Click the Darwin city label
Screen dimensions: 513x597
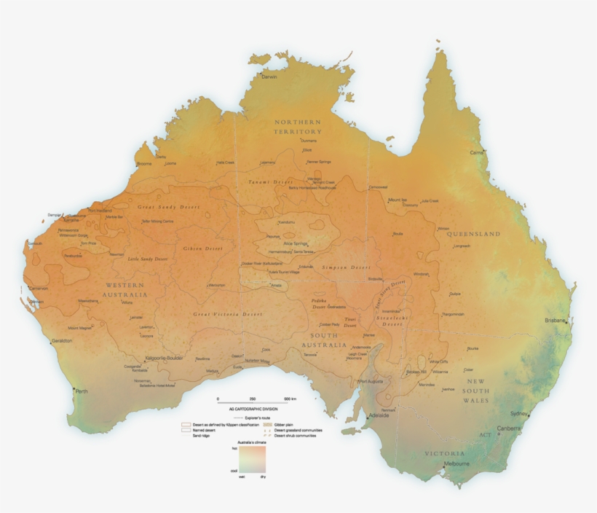269,77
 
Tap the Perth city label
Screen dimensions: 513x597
82,391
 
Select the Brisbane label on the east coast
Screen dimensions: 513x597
555,321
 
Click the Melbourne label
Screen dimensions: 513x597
457,464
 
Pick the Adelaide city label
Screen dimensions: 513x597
379,416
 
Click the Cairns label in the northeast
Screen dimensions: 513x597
477,152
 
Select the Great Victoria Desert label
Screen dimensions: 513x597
227,314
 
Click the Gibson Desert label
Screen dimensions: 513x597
202,248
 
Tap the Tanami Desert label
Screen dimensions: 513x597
270,181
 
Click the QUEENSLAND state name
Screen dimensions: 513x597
468,234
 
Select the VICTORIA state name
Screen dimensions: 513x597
444,453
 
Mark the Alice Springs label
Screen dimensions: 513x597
296,243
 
